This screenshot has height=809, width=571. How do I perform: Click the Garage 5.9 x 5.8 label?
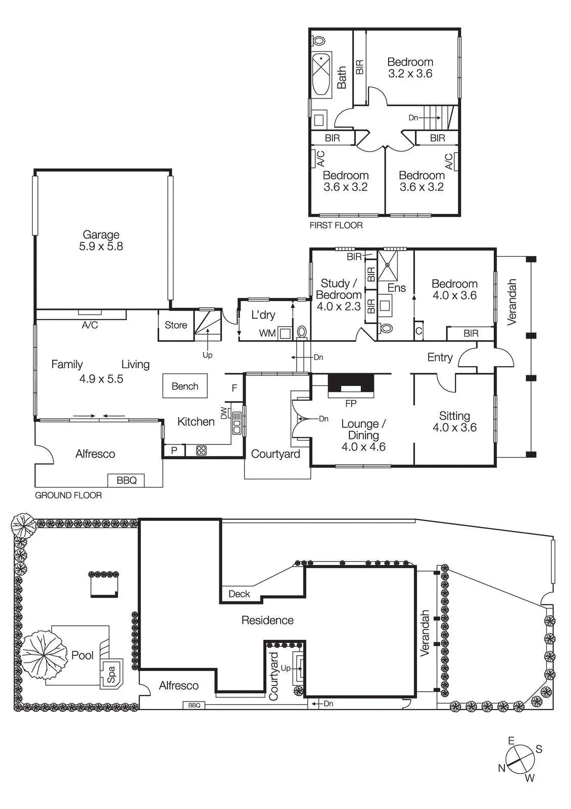[101, 241]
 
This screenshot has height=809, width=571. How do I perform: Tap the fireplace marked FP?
[351, 385]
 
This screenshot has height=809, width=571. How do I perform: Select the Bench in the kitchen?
[185, 386]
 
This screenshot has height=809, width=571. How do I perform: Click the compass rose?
[520, 759]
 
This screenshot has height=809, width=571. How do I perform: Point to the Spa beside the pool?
[111, 673]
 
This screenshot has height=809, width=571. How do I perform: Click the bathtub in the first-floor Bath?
[321, 74]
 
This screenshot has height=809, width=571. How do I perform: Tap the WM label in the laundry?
[267, 333]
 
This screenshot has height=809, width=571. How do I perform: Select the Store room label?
[176, 325]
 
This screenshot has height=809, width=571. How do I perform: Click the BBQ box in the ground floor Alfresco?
[126, 480]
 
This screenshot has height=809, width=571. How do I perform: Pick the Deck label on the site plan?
[239, 594]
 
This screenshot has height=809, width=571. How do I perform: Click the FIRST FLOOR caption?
[336, 226]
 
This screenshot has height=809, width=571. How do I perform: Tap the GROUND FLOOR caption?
[68, 496]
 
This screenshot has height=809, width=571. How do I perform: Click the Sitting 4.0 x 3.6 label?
[454, 422]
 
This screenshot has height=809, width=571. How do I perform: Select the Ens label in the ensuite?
[397, 288]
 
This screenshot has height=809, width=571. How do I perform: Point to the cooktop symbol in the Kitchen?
[201, 450]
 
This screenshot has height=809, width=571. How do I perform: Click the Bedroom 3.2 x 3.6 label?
[410, 68]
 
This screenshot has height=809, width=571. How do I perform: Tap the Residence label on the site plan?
[267, 620]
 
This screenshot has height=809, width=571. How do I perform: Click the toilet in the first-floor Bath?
[319, 40]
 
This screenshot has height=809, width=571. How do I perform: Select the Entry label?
[440, 357]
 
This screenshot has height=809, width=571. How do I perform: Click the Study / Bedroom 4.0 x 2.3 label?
[339, 295]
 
